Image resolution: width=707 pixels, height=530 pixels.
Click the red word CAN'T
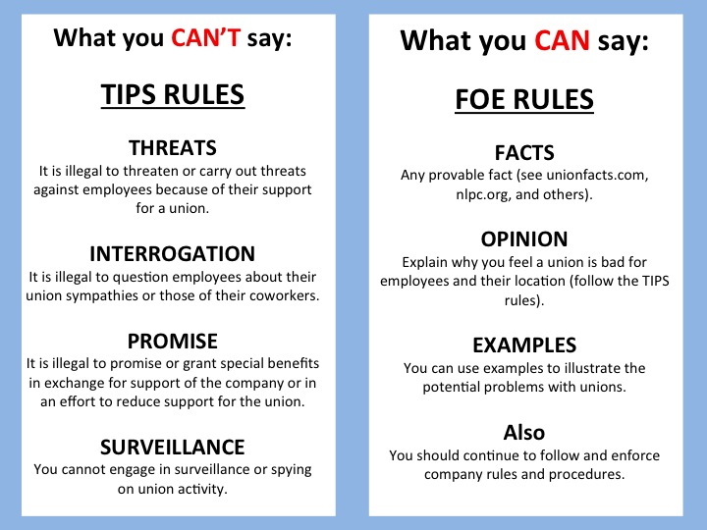(x=203, y=39)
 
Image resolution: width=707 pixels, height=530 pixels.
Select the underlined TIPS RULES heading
(x=172, y=96)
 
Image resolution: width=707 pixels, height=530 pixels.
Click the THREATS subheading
(x=172, y=148)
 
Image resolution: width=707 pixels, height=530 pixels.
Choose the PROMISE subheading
(x=172, y=343)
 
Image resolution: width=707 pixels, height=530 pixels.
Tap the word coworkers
(x=278, y=296)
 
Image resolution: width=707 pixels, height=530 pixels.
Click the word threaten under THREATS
(x=131, y=170)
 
